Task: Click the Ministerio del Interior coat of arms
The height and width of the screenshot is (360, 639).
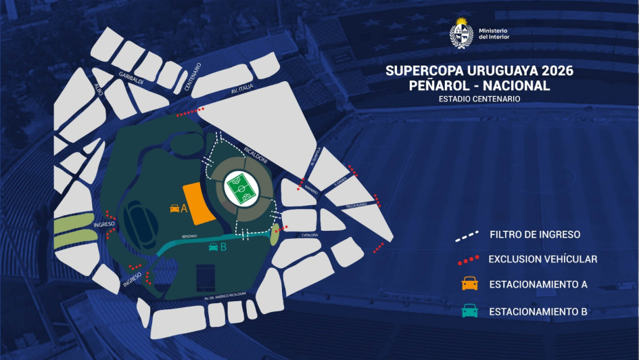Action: [462, 33]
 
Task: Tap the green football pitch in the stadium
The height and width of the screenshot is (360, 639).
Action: [240, 189]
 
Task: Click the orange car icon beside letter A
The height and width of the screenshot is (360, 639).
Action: [174, 208]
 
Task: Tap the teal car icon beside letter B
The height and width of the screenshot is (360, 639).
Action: [214, 247]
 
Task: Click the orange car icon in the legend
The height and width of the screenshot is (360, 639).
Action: [470, 284]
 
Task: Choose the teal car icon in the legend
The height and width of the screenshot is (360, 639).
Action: [470, 311]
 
